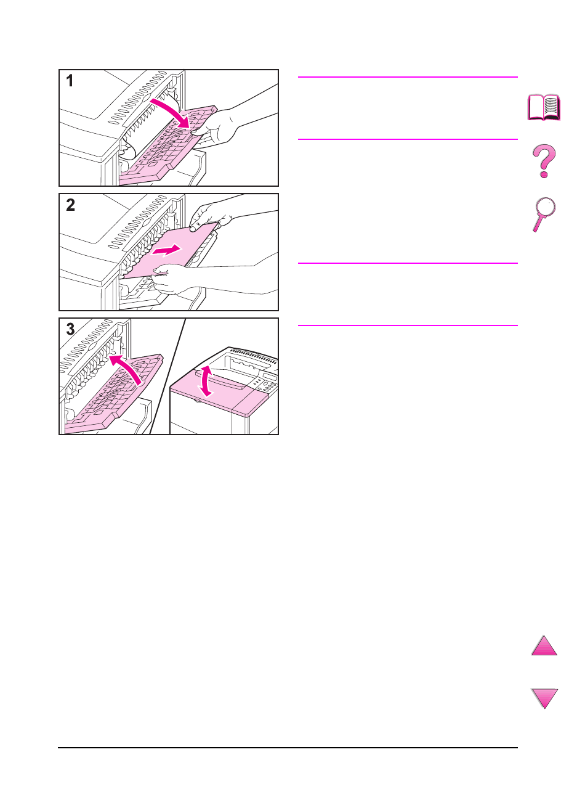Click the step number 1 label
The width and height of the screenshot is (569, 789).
click(x=70, y=81)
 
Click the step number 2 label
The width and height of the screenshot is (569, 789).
click(x=70, y=205)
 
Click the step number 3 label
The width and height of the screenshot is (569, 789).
click(x=70, y=329)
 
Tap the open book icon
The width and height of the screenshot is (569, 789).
click(x=544, y=107)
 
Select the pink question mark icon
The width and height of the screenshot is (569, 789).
click(x=544, y=161)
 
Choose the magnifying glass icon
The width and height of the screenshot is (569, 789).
click(x=544, y=214)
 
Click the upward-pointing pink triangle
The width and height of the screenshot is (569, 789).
click(x=544, y=645)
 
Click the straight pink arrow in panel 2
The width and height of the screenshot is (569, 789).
click(x=166, y=250)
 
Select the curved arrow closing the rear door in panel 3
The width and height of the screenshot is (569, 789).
click(x=126, y=368)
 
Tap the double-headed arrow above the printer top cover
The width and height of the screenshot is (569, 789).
click(x=206, y=381)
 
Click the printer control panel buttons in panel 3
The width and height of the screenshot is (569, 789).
click(x=265, y=385)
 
